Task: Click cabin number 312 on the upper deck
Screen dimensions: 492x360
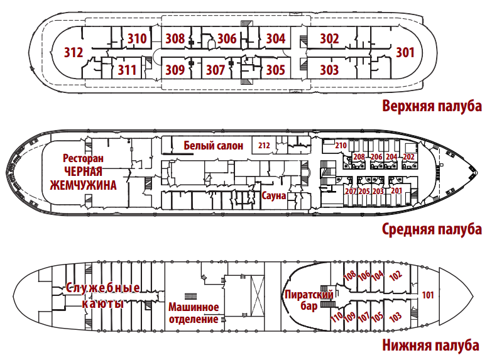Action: (x=74, y=52)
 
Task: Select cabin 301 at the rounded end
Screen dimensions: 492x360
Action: (x=405, y=52)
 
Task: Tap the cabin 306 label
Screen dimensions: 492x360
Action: (x=227, y=38)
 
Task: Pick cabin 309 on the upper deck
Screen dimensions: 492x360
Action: (x=175, y=69)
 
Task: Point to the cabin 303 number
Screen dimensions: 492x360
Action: (x=329, y=69)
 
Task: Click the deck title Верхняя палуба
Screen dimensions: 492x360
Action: (x=432, y=106)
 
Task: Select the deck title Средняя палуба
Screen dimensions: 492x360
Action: (x=432, y=229)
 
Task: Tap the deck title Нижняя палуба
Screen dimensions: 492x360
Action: (x=430, y=346)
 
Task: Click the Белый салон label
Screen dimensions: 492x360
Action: (x=214, y=146)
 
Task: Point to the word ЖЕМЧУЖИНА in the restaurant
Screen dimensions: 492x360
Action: (x=83, y=185)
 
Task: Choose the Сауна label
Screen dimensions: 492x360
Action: (x=274, y=196)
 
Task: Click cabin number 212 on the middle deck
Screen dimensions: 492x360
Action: (x=264, y=146)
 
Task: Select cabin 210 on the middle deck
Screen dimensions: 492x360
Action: (x=341, y=146)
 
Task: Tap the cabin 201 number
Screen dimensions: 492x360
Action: (x=396, y=190)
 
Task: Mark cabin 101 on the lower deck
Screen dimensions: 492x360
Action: (x=428, y=295)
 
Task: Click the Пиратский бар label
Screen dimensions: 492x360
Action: (x=309, y=300)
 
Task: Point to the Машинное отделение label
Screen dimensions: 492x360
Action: (x=194, y=313)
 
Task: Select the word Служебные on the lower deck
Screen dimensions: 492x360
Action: (x=102, y=288)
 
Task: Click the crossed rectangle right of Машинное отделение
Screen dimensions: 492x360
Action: (x=257, y=297)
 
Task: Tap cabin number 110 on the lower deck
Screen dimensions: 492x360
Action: (x=337, y=317)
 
